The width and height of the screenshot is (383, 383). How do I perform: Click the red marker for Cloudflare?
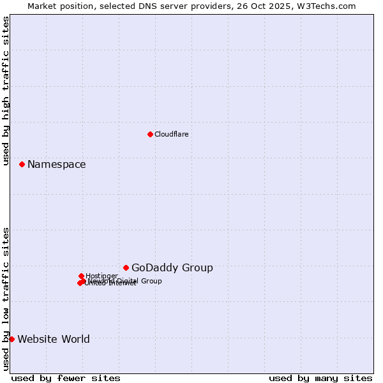(x=150, y=134)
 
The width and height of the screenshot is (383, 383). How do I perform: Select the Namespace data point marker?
(x=22, y=164)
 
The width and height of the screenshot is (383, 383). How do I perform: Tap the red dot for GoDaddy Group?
(x=126, y=267)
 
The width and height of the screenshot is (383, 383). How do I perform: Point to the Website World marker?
(x=11, y=339)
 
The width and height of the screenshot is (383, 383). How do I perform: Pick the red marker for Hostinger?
(x=81, y=276)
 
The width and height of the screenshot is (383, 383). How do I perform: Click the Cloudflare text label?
(x=171, y=134)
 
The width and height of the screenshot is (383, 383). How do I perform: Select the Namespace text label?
(x=56, y=165)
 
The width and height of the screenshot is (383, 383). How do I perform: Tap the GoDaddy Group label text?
(x=172, y=268)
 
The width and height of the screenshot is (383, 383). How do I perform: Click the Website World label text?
(x=53, y=340)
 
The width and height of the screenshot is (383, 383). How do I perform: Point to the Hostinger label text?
(x=101, y=276)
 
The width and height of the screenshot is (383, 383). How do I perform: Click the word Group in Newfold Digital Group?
(x=151, y=281)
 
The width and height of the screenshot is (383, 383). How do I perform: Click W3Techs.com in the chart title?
(x=324, y=6)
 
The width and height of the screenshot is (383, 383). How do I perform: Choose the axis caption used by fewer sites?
(x=66, y=378)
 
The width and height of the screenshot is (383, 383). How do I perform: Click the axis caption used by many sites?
(x=320, y=378)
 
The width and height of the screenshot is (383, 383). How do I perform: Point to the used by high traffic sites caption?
(x=6, y=91)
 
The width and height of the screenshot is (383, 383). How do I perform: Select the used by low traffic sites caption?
(x=6, y=299)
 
